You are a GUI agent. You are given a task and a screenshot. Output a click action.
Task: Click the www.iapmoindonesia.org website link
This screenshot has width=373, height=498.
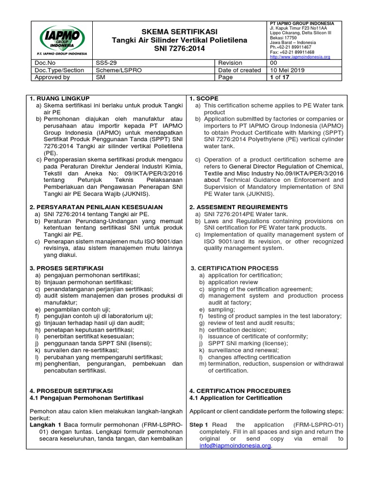(x=300, y=57)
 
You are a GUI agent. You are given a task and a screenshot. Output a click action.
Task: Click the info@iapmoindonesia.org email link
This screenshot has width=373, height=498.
(x=236, y=445)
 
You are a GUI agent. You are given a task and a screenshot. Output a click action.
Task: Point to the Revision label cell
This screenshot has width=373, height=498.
(x=230, y=63)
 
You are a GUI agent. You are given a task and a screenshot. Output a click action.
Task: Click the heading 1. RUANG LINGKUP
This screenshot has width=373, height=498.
(x=59, y=98)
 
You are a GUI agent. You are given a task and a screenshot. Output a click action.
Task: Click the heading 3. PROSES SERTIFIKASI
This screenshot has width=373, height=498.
(x=66, y=268)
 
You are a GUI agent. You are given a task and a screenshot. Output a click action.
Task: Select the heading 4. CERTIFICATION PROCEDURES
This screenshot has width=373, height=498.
(x=240, y=391)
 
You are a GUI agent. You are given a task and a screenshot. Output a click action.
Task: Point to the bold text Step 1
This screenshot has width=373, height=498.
(x=199, y=425)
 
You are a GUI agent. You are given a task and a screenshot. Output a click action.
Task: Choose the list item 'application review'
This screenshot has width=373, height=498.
(x=233, y=282)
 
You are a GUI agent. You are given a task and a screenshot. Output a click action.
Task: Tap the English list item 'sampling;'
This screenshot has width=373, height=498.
(x=221, y=309)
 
